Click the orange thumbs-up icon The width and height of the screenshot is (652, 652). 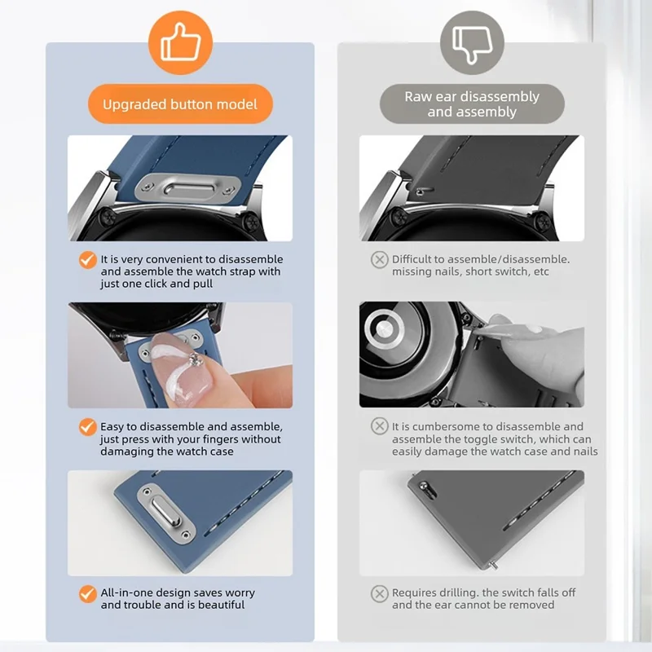pos(180,42)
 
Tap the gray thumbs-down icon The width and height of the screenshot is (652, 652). pos(472,42)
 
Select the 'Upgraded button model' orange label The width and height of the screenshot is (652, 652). pos(180,104)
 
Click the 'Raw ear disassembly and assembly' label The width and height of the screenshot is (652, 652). pos(472,104)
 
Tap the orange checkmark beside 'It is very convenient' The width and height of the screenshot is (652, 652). pos(88,260)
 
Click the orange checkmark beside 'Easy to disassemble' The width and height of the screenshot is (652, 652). pos(88,427)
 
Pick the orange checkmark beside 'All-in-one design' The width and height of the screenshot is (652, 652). pos(88,594)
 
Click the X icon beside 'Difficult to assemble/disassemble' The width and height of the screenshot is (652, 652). pos(379,260)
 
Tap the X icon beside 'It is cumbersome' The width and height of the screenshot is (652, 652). pos(379,426)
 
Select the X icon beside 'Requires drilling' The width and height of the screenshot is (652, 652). pos(379,594)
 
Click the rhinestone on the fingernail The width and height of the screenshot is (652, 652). pos(195,360)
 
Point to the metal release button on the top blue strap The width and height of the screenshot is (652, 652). pos(188,188)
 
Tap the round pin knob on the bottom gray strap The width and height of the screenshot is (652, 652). pos(424,486)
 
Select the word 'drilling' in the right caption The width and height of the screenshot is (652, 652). pos(459,593)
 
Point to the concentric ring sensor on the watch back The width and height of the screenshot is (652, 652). pos(384,328)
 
